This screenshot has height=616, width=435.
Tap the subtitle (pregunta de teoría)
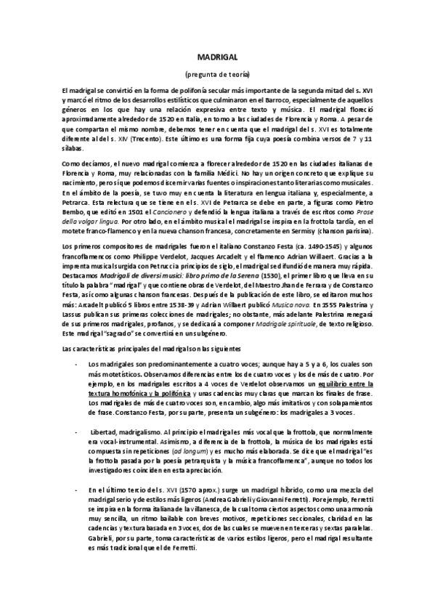point(217,74)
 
